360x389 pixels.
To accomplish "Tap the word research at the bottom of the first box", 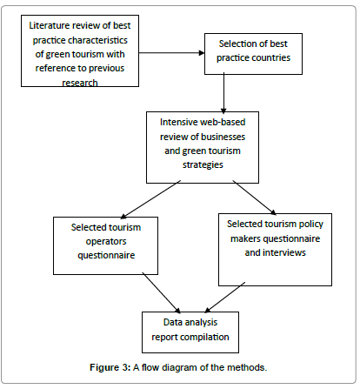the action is click(80, 83).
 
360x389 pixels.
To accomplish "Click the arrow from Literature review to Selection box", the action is click(171, 53).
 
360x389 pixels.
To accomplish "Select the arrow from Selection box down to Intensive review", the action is click(223, 93).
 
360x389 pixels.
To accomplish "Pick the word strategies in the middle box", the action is click(203, 164).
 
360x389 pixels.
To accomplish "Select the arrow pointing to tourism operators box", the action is click(150, 199).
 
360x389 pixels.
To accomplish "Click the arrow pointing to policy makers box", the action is click(254, 198).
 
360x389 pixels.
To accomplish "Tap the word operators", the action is click(106, 242).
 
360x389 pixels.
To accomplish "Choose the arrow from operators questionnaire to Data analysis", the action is click(161, 292).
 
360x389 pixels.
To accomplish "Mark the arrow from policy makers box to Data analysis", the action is click(225, 298).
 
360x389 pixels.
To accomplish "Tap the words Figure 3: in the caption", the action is click(110, 367).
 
